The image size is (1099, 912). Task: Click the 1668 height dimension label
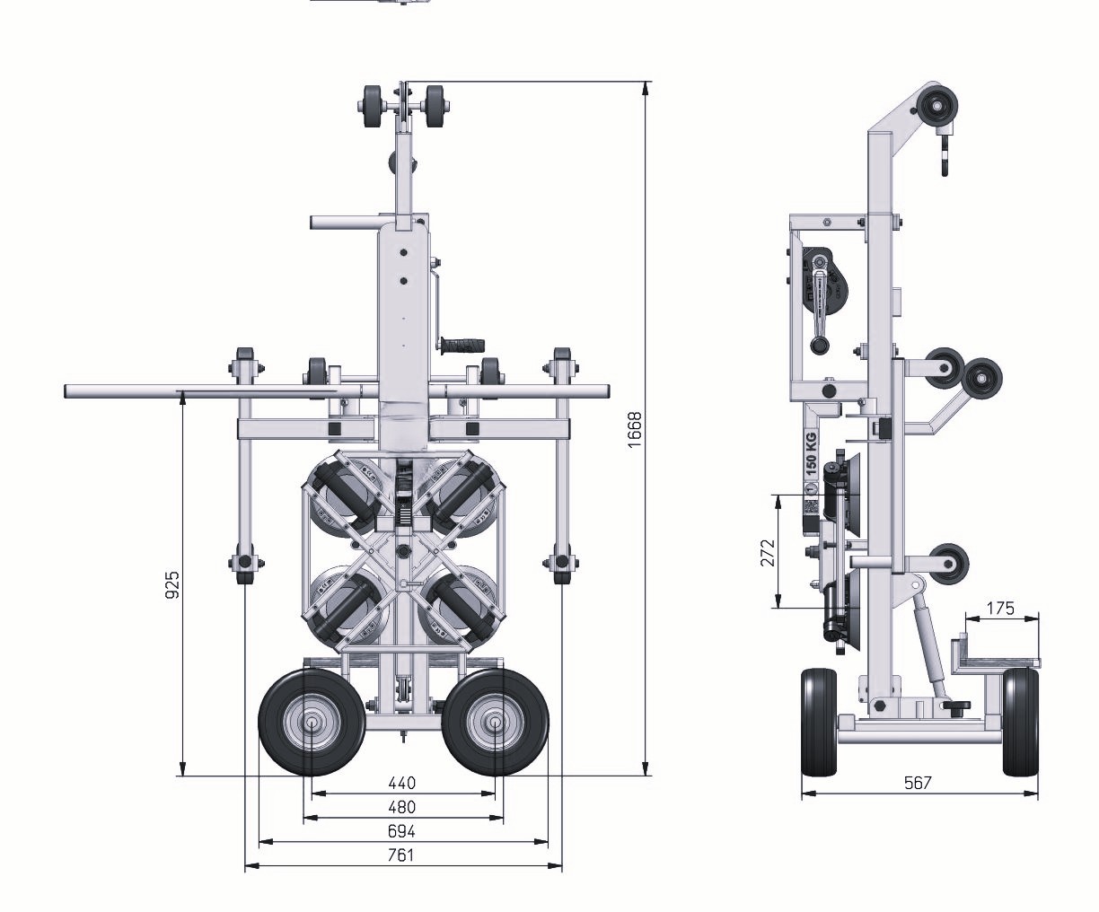[636, 430]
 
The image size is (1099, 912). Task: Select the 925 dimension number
[172, 584]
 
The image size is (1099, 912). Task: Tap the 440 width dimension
[402, 783]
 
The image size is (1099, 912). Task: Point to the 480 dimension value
[402, 807]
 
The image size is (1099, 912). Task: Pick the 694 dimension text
[402, 831]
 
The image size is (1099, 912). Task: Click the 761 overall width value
[401, 855]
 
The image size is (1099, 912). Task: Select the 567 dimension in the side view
[918, 783]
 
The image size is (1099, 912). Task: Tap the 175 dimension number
[1000, 609]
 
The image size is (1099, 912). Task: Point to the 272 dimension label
[769, 552]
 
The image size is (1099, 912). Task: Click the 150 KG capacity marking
[811, 453]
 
